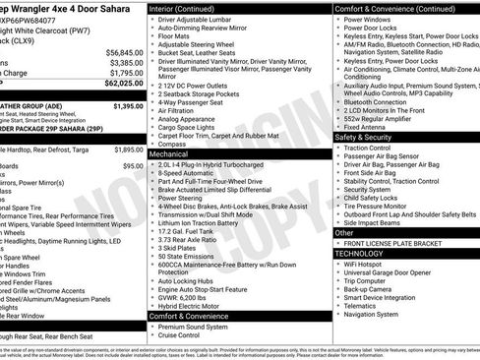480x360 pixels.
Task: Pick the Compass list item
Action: (174, 144)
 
